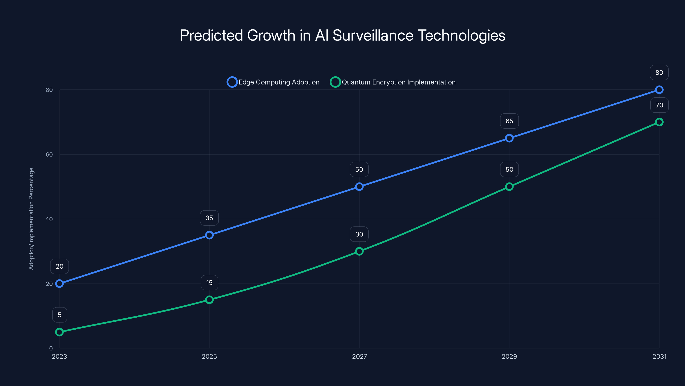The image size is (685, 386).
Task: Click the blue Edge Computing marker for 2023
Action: pyautogui.click(x=59, y=283)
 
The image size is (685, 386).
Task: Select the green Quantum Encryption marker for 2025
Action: pyautogui.click(x=209, y=300)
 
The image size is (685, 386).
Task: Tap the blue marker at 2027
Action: pyautogui.click(x=359, y=187)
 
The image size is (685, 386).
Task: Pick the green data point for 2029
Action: pyautogui.click(x=509, y=187)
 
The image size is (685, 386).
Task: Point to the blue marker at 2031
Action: pyautogui.click(x=659, y=90)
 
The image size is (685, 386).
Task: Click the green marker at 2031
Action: pyautogui.click(x=659, y=122)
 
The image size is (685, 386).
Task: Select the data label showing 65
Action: pyautogui.click(x=509, y=121)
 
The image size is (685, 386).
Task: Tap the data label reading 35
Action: pyautogui.click(x=209, y=218)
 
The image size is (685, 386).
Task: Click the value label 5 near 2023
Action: pyautogui.click(x=60, y=315)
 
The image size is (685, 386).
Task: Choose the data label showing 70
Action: pyautogui.click(x=659, y=105)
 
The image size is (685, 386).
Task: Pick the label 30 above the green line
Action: pyautogui.click(x=359, y=234)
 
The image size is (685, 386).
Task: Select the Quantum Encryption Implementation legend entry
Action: pyautogui.click(x=393, y=82)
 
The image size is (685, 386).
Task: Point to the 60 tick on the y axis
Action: pyautogui.click(x=49, y=154)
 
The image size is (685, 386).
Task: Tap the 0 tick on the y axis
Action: pyautogui.click(x=51, y=348)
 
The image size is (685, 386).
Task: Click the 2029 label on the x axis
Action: pyautogui.click(x=509, y=356)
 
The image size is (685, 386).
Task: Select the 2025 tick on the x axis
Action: pyautogui.click(x=209, y=356)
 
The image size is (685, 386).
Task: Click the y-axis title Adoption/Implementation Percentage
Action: pyautogui.click(x=31, y=219)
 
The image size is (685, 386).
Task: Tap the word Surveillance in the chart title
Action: pyautogui.click(x=373, y=35)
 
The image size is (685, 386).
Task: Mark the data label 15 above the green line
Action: pyautogui.click(x=209, y=283)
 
